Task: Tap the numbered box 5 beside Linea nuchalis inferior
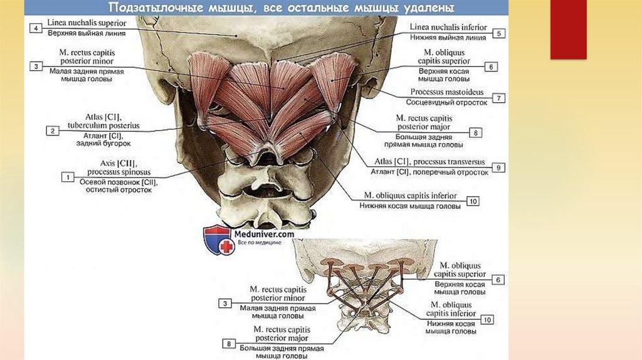498,34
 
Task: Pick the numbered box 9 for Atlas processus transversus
498,167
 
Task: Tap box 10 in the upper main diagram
472,201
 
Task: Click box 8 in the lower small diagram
230,343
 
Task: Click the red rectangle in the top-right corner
568,29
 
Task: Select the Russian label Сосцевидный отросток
446,102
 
